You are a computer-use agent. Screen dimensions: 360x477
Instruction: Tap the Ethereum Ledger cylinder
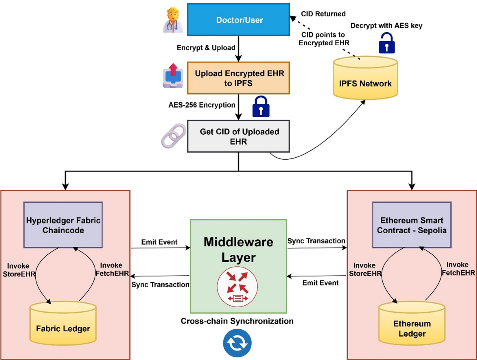point(411,324)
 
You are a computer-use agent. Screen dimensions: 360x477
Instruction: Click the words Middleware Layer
point(238,250)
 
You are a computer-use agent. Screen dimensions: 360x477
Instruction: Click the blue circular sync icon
point(237,343)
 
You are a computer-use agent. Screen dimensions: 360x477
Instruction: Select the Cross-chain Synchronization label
point(237,321)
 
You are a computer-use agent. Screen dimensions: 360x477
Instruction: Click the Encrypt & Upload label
point(206,48)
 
